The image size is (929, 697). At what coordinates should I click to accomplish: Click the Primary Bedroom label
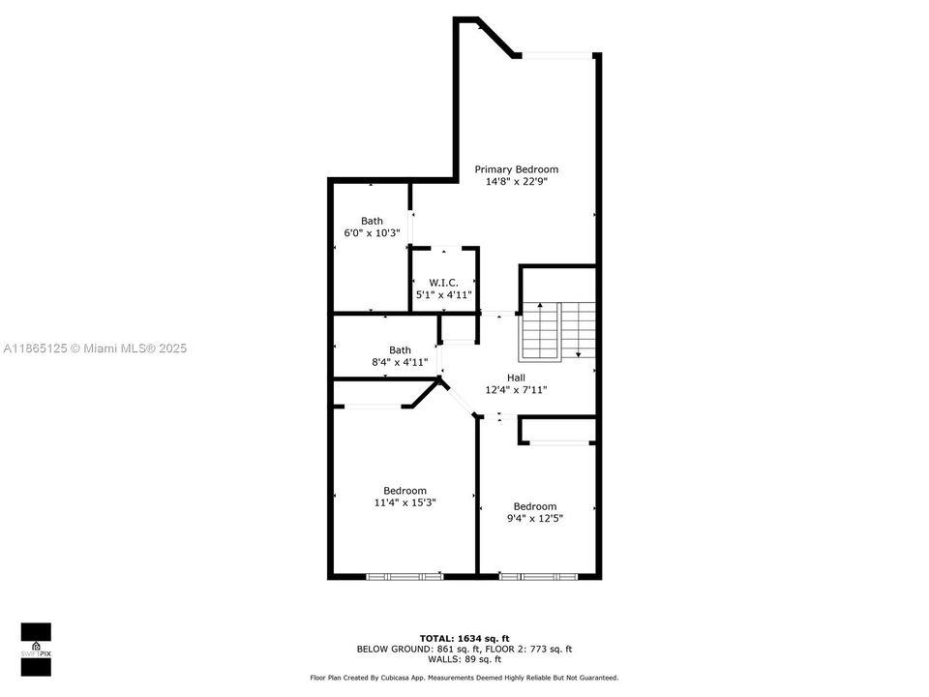point(516,169)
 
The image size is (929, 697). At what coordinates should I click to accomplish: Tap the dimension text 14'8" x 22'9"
point(516,181)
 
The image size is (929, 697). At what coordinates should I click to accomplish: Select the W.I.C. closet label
point(443,283)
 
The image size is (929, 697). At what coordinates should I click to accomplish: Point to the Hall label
point(516,378)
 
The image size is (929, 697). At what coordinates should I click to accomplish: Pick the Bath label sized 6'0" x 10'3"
point(372,221)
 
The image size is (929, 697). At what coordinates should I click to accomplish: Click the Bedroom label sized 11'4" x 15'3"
point(405,491)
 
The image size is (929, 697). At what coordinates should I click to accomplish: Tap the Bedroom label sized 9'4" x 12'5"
point(535,506)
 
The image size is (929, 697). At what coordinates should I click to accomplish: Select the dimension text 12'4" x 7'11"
point(516,390)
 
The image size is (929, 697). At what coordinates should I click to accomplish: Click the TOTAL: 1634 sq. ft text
point(464,638)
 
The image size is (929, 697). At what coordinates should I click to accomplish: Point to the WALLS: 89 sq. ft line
point(464,659)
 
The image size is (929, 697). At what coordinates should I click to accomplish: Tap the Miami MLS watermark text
point(95,348)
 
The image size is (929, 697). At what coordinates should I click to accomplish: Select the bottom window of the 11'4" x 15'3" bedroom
point(405,576)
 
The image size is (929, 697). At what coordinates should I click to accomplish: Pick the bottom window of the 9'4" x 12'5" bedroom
point(538,576)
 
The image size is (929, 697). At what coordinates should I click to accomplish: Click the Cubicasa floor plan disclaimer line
point(464,678)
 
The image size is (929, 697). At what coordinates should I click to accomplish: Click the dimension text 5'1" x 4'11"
point(443,294)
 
